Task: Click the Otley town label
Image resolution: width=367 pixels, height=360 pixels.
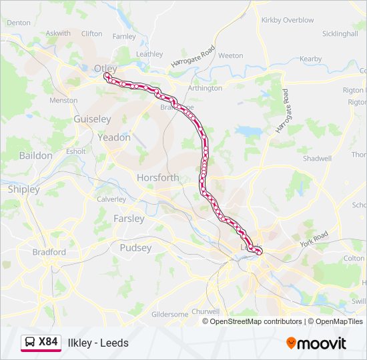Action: [x=105, y=68]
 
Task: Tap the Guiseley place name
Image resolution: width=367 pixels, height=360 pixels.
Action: [x=92, y=119]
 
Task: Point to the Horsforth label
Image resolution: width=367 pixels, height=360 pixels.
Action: [x=157, y=178]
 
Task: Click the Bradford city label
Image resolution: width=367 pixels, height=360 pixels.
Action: [x=49, y=252]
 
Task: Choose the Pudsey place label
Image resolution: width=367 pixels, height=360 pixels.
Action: [x=135, y=247]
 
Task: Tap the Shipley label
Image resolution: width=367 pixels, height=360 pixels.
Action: [x=24, y=189]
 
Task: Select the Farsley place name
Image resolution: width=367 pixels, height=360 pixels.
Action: [x=129, y=219]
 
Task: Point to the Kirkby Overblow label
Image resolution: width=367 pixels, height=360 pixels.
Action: [x=288, y=20]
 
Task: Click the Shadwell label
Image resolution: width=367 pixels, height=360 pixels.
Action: [x=317, y=159]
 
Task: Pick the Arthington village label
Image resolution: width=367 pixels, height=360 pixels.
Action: [x=205, y=88]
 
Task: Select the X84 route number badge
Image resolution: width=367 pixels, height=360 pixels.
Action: [x=48, y=342]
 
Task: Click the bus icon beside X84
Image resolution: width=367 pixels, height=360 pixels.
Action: [x=30, y=343]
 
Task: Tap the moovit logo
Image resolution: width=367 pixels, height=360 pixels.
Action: [x=316, y=343]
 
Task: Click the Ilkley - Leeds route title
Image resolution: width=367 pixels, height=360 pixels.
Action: [x=98, y=343]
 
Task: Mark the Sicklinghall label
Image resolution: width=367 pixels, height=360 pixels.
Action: [x=340, y=33]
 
